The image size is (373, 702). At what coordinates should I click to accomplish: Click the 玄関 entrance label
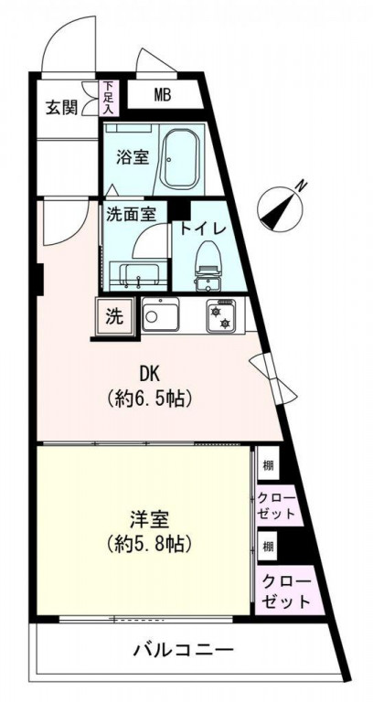[62, 106]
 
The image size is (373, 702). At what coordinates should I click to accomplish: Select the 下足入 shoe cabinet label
[109, 98]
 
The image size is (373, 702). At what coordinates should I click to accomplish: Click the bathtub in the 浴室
[188, 158]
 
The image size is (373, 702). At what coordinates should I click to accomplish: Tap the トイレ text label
[203, 229]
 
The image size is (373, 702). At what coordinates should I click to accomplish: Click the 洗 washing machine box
[113, 317]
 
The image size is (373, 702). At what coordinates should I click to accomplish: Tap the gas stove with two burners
[221, 316]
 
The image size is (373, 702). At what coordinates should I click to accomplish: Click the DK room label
[151, 374]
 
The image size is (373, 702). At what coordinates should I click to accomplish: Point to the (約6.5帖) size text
[151, 399]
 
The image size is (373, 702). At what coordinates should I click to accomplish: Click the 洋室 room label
[147, 518]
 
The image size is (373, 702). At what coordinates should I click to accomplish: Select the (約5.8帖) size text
[147, 544]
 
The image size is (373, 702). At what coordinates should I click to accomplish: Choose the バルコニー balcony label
[183, 651]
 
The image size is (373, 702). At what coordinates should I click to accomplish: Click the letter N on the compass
[302, 188]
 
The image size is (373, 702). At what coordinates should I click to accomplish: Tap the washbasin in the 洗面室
[138, 275]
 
